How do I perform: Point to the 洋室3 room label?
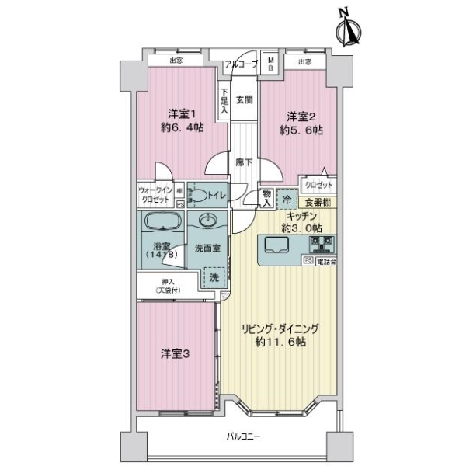click(175, 353)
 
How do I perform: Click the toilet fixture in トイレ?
click(200, 195)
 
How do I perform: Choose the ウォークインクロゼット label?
click(156, 194)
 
